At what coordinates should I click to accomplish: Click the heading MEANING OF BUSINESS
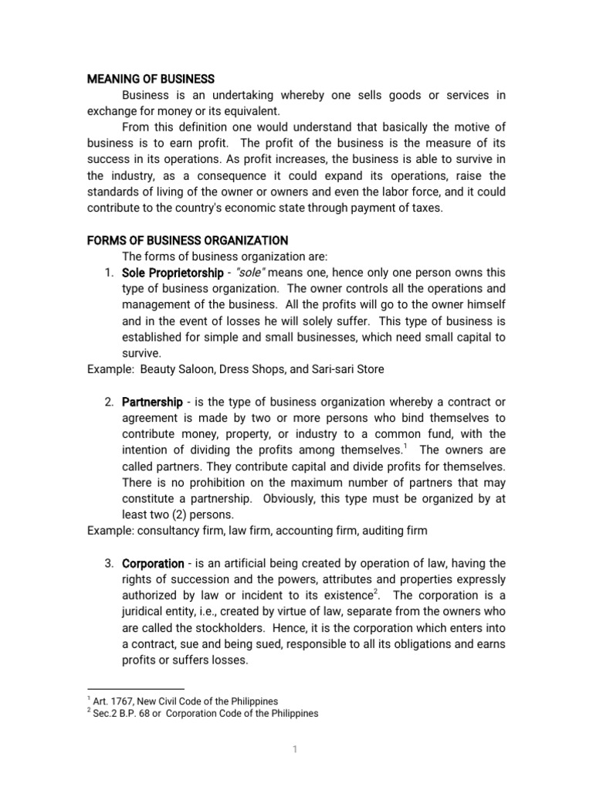(150, 79)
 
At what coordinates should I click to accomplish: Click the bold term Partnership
(153, 402)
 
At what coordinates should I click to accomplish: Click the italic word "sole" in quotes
(252, 273)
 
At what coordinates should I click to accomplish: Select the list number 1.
(109, 273)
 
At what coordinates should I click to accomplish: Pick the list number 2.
(109, 402)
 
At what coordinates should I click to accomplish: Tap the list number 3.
(109, 563)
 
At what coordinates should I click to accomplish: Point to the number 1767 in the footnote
(120, 701)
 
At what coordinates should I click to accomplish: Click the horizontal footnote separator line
(135, 689)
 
